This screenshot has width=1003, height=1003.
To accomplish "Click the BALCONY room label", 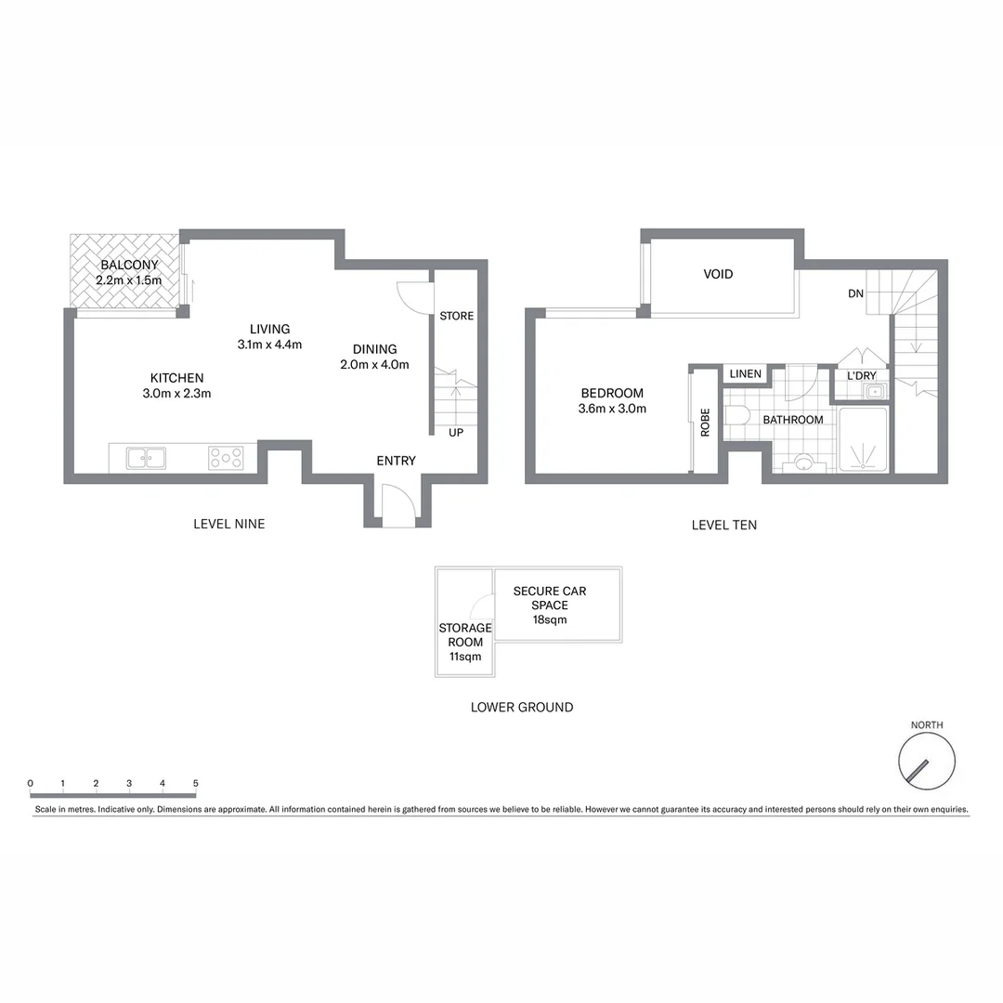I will (129, 265).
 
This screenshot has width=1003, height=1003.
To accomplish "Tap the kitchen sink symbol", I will (146, 458).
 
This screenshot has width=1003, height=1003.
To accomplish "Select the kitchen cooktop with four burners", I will (226, 458).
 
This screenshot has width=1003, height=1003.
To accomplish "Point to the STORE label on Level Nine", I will (456, 316).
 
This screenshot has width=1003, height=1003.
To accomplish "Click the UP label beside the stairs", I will (456, 433).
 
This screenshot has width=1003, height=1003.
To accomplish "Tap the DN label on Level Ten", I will (855, 293).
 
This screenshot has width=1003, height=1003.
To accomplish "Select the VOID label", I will (718, 274).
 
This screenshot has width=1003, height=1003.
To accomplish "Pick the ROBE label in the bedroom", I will (705, 423).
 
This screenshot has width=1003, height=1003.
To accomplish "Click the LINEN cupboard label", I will (745, 374).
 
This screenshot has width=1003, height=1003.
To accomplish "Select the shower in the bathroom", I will (864, 440).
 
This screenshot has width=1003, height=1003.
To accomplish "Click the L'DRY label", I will (861, 376).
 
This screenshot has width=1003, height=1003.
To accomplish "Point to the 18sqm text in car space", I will (549, 619).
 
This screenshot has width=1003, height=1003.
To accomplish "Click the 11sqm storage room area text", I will (465, 657).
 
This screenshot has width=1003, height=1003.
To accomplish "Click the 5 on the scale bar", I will (195, 784).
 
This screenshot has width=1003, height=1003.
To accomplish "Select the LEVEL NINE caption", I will (228, 524).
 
